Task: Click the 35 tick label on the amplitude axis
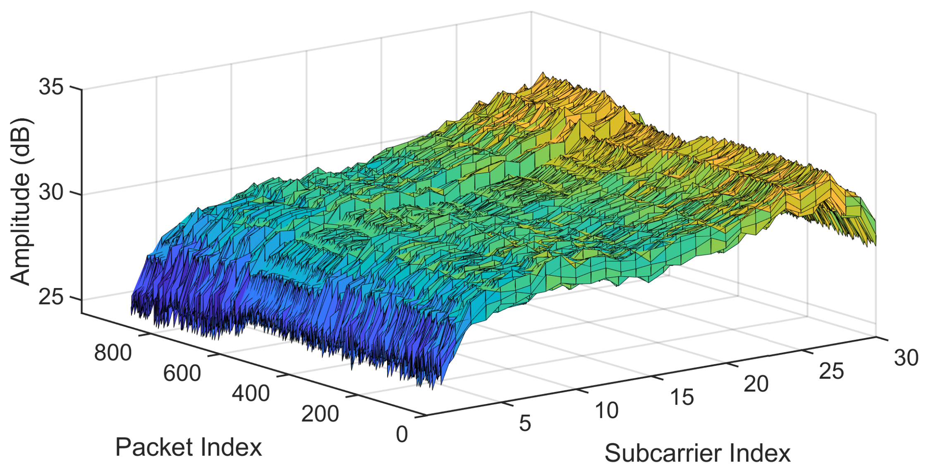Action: pyautogui.click(x=51, y=87)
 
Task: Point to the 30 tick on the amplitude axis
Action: pyautogui.click(x=51, y=192)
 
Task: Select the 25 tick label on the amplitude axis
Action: pyautogui.click(x=51, y=298)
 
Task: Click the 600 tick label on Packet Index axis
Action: pyautogui.click(x=182, y=373)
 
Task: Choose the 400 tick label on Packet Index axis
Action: pyautogui.click(x=251, y=393)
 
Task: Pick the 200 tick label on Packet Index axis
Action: pyautogui.click(x=320, y=413)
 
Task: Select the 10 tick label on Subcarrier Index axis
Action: pyautogui.click(x=607, y=411)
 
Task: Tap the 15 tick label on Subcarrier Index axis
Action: pyautogui.click(x=682, y=397)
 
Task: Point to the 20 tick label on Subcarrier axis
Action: pyautogui.click(x=756, y=384)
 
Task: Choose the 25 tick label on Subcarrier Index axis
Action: pyautogui.click(x=831, y=371)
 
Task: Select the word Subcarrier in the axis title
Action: pyautogui.click(x=662, y=454)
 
